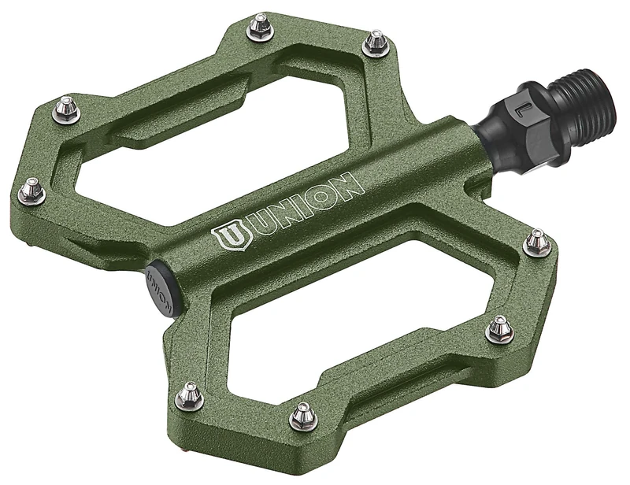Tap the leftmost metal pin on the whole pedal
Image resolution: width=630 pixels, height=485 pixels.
[32, 190]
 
